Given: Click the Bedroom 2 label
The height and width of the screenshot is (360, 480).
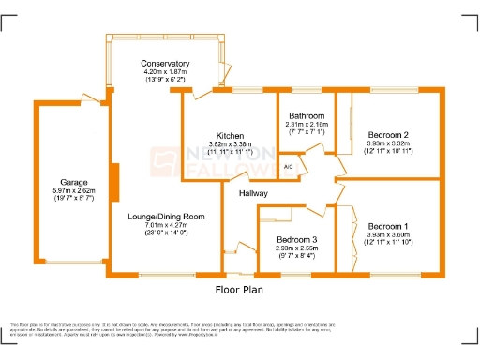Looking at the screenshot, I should tap(387, 135).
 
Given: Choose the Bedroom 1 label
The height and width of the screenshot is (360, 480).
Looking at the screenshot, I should tap(387, 226).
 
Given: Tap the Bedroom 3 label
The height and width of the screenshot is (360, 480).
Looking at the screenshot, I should tap(296, 240).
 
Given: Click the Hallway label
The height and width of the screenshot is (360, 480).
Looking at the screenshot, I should tap(253, 193).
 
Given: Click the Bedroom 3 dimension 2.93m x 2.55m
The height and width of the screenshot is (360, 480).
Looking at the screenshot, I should tap(296, 248).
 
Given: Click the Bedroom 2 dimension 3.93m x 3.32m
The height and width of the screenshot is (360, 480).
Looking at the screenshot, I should tap(387, 143).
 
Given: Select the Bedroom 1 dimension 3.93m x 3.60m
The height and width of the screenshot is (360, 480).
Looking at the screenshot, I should tap(387, 234).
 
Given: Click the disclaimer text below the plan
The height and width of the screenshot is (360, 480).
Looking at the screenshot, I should tap(240, 327).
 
